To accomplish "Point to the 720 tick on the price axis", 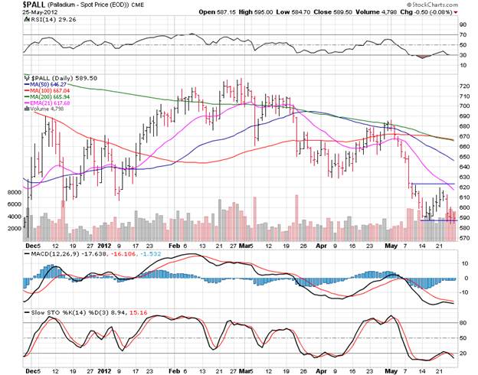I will pos(464,86).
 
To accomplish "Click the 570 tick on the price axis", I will pos(464,238).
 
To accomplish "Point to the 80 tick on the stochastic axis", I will pos(462,323).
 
